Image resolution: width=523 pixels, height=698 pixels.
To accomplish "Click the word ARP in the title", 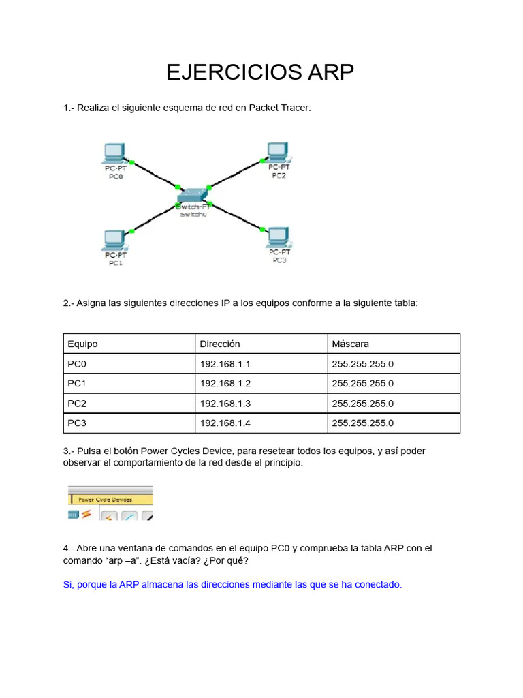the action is coord(321,72).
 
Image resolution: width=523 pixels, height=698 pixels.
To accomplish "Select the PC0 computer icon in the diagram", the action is coord(114,153).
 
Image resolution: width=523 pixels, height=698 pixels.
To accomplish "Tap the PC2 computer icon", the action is coord(277,151).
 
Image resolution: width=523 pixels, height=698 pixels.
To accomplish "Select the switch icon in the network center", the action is coord(193,196).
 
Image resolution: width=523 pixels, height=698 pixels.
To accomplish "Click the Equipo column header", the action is coord(83,344).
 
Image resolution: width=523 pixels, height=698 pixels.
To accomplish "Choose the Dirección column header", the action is coord(220,344).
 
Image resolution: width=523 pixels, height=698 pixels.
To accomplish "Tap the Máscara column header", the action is coord(351,344).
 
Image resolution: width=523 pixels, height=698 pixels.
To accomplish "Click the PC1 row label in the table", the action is coord(78,384).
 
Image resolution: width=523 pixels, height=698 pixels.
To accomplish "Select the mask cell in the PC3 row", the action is coord(363,423).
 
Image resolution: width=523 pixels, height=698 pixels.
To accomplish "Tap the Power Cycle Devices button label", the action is coord(105,499).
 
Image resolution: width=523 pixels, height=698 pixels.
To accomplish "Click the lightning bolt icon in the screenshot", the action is coord(86,514).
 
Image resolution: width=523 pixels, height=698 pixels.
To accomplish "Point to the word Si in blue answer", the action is coord(67,585).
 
